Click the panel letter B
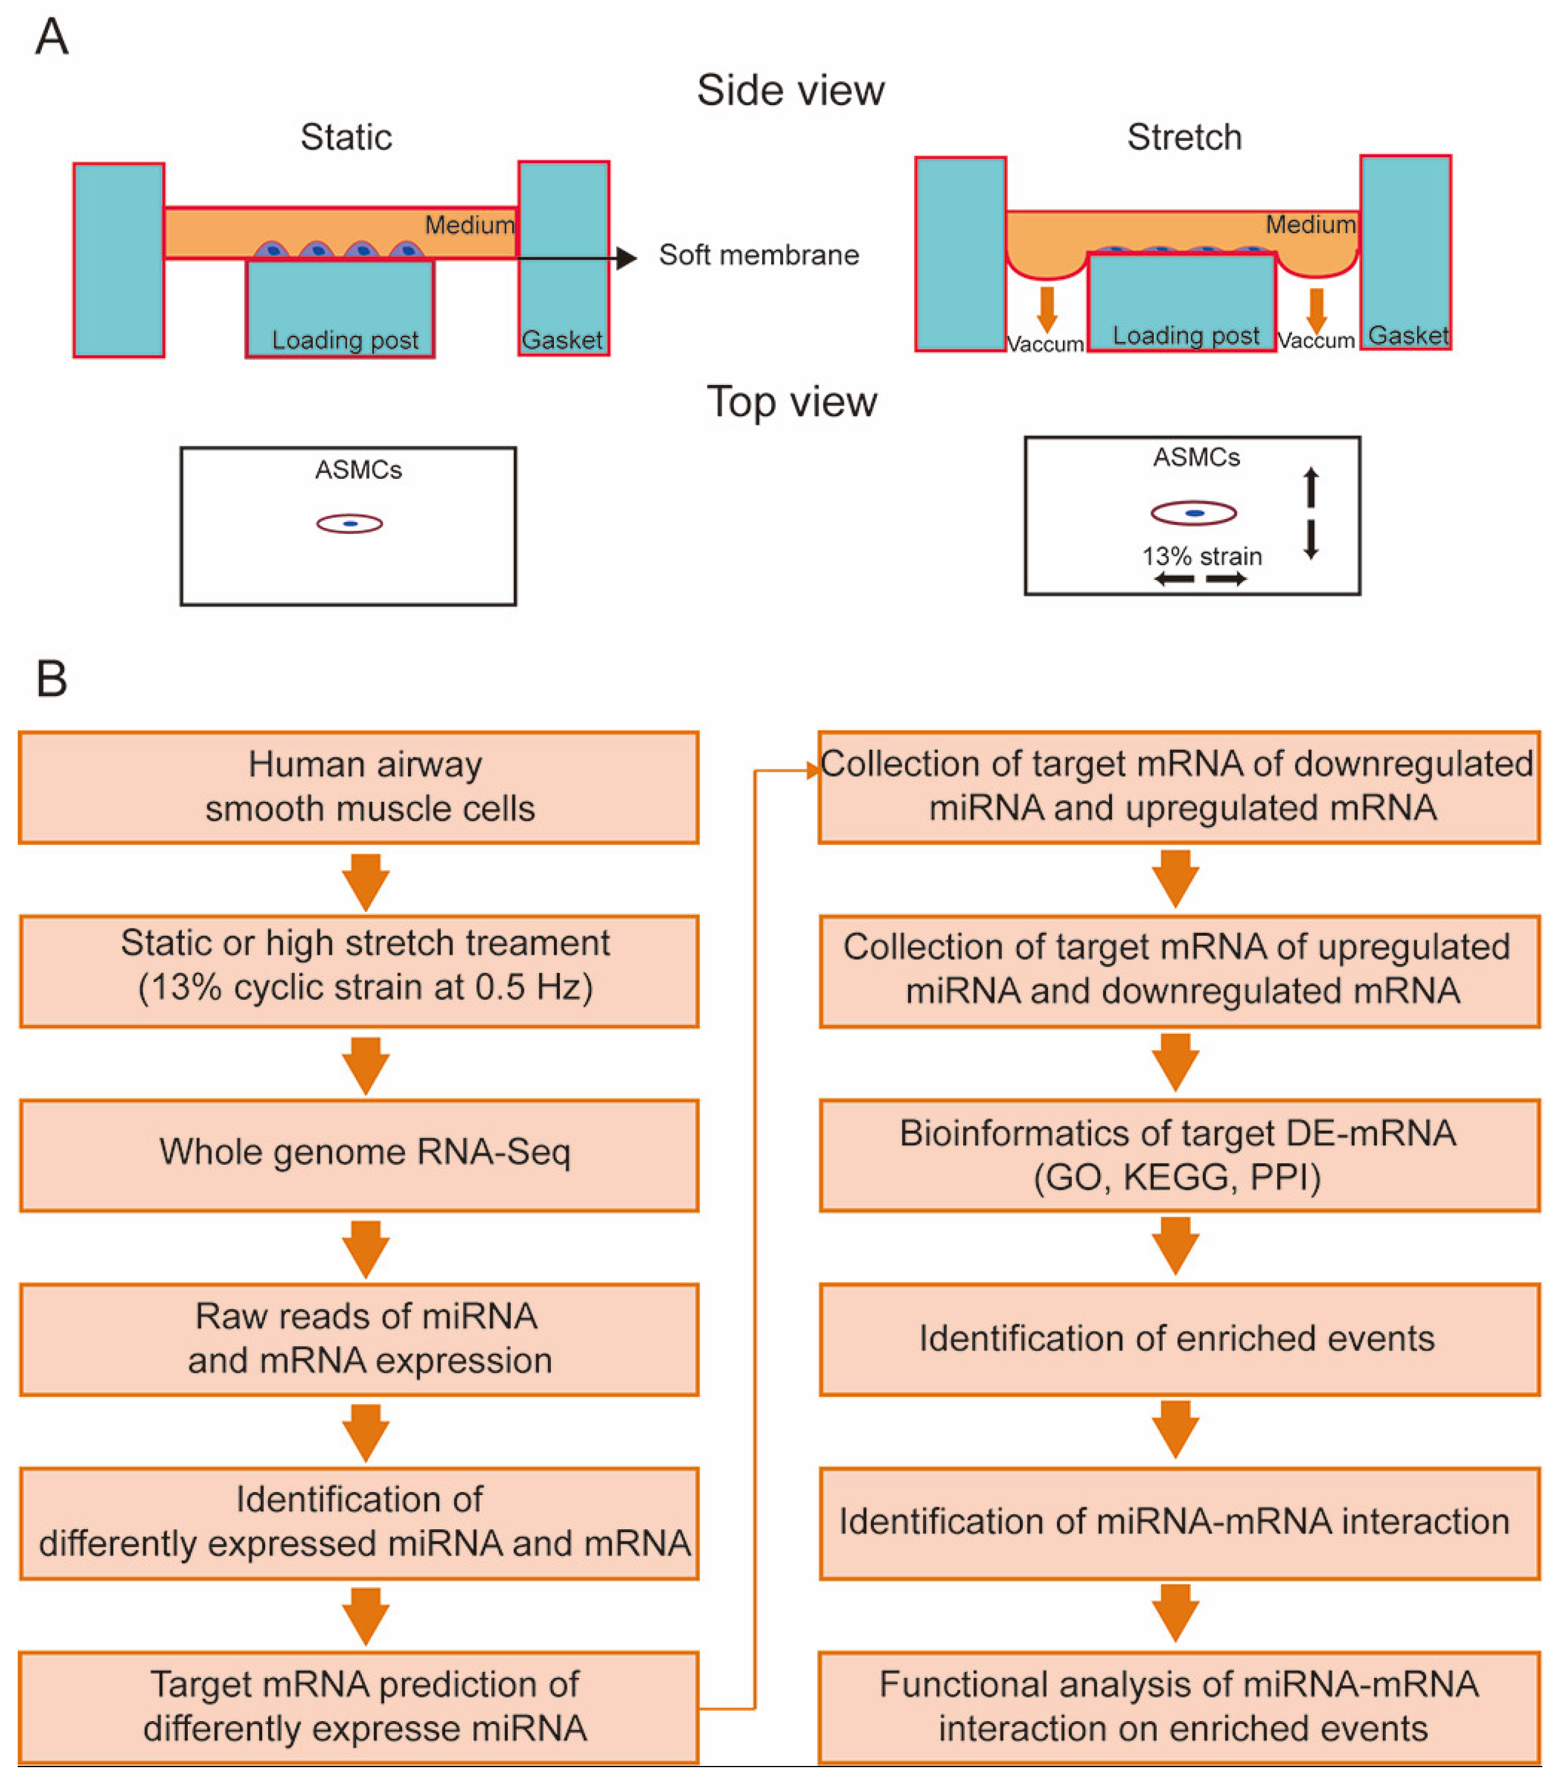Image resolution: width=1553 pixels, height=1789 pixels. pyautogui.click(x=51, y=678)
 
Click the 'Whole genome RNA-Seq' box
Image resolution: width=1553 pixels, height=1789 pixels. pyautogui.click(x=359, y=1155)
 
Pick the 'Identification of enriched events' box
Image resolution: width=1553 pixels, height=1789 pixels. pyautogui.click(x=1179, y=1339)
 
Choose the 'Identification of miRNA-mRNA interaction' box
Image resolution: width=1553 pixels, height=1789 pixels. pyautogui.click(x=1179, y=1523)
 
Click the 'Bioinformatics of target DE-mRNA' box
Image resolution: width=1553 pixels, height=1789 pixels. pyautogui.click(x=1179, y=1155)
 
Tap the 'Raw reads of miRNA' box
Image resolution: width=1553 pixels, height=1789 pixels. pyautogui.click(x=359, y=1339)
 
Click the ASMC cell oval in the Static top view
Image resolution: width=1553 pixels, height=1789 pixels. pyautogui.click(x=349, y=523)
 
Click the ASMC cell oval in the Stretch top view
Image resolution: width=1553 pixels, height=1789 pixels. pyautogui.click(x=1193, y=513)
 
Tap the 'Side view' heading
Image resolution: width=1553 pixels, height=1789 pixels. pyautogui.click(x=790, y=90)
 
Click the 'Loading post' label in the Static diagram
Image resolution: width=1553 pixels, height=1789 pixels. pyautogui.click(x=345, y=339)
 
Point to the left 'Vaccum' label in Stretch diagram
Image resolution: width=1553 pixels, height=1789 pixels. pyautogui.click(x=1045, y=344)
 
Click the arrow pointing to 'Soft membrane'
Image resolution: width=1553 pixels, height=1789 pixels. pyautogui.click(x=576, y=257)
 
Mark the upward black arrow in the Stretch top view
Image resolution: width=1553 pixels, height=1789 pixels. pyautogui.click(x=1311, y=487)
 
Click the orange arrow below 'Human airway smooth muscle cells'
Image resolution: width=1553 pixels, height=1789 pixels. pyautogui.click(x=366, y=882)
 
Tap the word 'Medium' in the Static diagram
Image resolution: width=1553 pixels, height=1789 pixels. pyautogui.click(x=469, y=226)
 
